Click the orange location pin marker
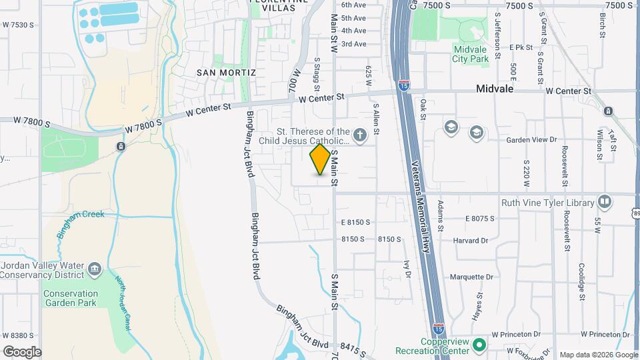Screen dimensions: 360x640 (x=320, y=160)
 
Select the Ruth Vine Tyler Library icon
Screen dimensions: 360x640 (x=605, y=201)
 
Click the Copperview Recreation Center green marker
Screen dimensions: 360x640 (x=479, y=345)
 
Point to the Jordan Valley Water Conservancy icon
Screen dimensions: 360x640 (x=94, y=269)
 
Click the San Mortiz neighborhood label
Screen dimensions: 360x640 (x=226, y=71)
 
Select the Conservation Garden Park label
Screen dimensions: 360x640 (x=70, y=298)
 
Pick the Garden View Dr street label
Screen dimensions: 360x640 (x=531, y=140)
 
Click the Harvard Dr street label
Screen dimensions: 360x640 (x=471, y=240)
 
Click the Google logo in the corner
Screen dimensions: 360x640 (x=22, y=351)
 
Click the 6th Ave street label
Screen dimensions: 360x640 (x=353, y=5)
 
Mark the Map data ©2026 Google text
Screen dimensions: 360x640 (x=598, y=354)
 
